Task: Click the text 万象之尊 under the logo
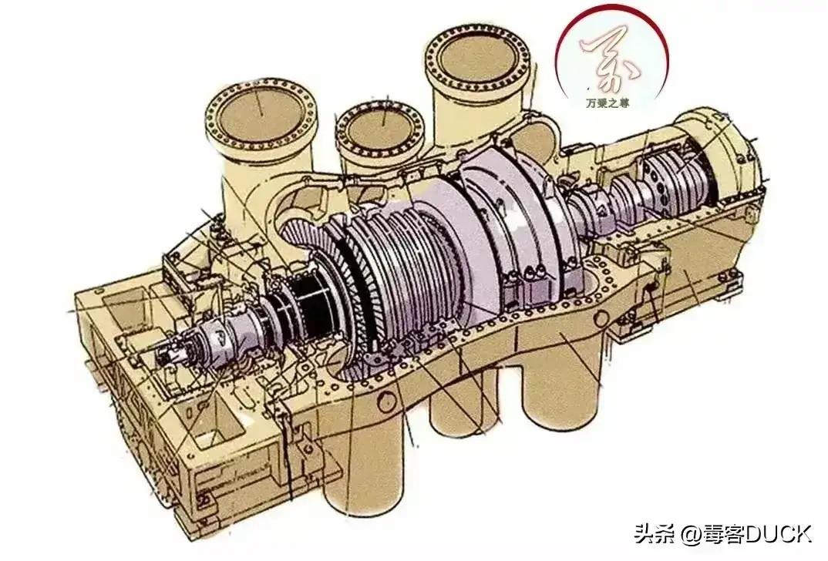pos(607,101)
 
